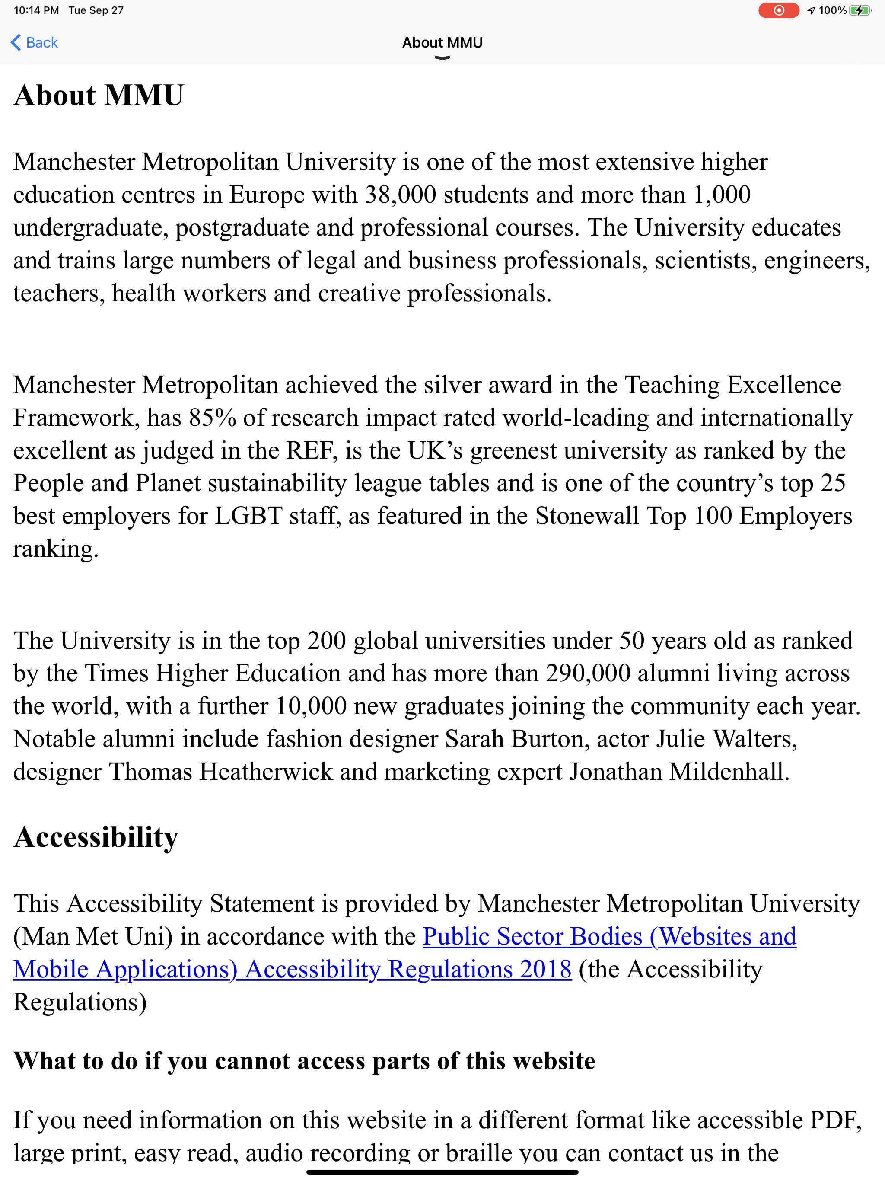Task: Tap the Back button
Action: (35, 43)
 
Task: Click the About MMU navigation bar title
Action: (442, 43)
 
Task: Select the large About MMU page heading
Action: (99, 96)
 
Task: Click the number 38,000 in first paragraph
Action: (400, 195)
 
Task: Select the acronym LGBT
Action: (248, 516)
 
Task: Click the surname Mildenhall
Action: (729, 772)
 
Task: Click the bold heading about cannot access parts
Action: (304, 1061)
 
